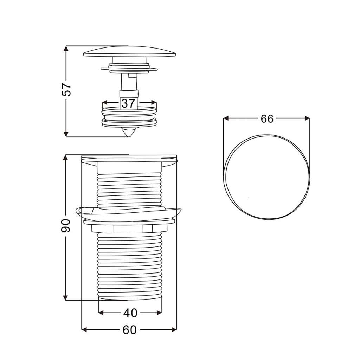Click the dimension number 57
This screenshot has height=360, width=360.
click(x=66, y=89)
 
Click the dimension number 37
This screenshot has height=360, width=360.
click(x=128, y=103)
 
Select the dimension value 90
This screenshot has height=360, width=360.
click(x=66, y=225)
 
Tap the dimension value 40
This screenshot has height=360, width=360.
click(x=130, y=313)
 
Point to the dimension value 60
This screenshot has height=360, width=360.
click(x=129, y=330)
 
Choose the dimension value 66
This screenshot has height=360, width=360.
click(x=267, y=119)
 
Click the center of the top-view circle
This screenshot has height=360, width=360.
click(x=267, y=177)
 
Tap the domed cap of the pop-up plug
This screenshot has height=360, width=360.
click(x=130, y=51)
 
